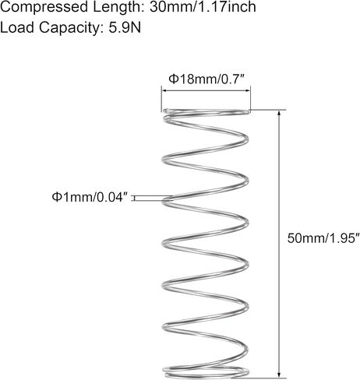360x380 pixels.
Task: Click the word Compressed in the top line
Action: (44, 7)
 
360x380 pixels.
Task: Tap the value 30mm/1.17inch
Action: (203, 6)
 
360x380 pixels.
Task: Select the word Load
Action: (17, 27)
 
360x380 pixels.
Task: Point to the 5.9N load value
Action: (125, 27)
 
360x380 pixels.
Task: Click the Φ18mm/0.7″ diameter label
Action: (207, 79)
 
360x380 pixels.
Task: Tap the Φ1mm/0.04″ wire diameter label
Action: (90, 197)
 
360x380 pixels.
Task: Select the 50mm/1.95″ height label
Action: (323, 238)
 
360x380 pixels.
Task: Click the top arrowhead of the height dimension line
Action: (279, 113)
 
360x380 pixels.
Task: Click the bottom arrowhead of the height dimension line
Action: (279, 374)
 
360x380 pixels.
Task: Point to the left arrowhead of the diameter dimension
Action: (164, 90)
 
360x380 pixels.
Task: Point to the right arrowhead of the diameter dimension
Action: (247, 90)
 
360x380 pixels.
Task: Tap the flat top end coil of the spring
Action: (206, 112)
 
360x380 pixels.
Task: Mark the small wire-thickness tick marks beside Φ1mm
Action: (134, 199)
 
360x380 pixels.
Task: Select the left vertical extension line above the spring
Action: (161, 99)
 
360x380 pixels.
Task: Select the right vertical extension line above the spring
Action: (250, 99)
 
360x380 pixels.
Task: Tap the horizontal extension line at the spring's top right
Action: (268, 110)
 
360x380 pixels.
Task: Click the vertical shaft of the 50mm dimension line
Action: (279, 244)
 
